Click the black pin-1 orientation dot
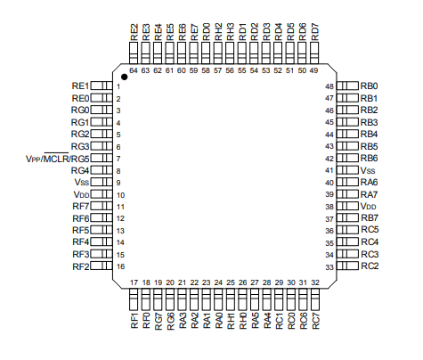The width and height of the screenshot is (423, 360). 125,77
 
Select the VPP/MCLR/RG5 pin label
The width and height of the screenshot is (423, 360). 58,159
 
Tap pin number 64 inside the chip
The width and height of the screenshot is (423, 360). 134,70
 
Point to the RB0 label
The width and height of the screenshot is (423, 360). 369,86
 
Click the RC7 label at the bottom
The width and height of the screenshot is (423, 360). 316,321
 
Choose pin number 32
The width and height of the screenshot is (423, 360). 315,282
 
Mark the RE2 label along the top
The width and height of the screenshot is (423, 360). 134,32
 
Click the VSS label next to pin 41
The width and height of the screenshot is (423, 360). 368,170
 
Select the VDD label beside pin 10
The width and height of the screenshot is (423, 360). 81,194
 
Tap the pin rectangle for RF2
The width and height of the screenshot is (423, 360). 102,266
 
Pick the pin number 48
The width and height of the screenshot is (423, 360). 329,86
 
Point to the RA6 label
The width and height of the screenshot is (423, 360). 369,182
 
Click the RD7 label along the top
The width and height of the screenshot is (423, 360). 315,32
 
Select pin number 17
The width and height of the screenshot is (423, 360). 134,282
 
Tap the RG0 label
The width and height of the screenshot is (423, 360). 80,110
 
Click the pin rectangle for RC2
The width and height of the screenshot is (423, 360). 347,266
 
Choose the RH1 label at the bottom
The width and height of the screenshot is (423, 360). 231,321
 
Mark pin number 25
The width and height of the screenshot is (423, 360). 231,282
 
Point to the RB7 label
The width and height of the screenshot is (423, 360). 370,218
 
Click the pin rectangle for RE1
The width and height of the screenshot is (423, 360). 102,86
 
